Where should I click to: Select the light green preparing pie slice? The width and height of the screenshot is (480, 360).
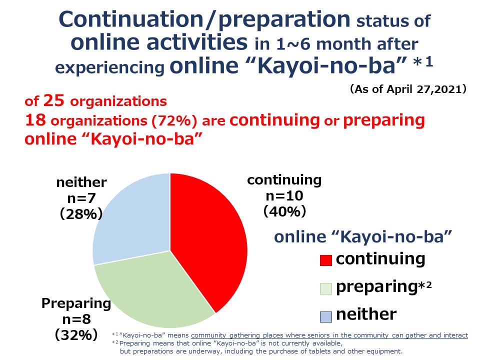coord(153,291)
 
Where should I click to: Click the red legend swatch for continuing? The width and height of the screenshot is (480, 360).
coord(325,260)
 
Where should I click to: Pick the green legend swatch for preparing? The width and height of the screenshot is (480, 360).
coord(325,288)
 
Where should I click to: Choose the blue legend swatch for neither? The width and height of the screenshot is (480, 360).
coord(325,317)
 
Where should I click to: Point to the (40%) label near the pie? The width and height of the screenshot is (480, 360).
coord(284,211)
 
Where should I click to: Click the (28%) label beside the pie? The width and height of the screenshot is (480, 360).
coord(81,214)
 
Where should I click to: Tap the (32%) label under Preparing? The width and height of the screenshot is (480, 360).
coord(76,335)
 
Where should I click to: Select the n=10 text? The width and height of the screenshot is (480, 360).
coord(284,196)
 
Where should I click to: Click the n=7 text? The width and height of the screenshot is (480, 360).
coord(81,198)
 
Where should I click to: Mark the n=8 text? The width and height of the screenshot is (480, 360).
coord(76,319)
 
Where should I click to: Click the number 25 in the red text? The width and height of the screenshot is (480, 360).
coord(54,100)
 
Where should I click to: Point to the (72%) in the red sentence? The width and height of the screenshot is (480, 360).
coord(174,120)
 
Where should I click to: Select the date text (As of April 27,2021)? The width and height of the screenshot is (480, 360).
coord(408,89)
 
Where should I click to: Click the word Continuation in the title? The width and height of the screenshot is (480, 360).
coord(131,19)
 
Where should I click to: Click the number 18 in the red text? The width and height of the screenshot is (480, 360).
coord(35,120)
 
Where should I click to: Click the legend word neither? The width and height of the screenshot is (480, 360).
coord(366,314)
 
